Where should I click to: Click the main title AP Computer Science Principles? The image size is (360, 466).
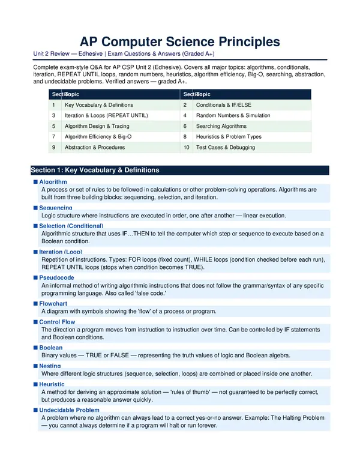pyautogui.click(x=180, y=41)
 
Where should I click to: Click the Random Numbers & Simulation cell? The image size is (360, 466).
pyautogui.click(x=233, y=115)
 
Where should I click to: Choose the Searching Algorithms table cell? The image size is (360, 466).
pyautogui.click(x=221, y=126)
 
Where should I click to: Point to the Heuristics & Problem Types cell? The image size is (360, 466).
pyautogui.click(x=229, y=136)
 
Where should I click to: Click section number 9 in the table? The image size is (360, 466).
pyautogui.click(x=54, y=147)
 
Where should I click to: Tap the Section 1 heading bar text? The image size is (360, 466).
pyautogui.click(x=95, y=170)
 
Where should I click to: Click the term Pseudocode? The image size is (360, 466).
pyautogui.click(x=56, y=277)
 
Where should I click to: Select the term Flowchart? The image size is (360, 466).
pyautogui.click(x=54, y=304)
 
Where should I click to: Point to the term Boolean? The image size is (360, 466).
pyautogui.click(x=51, y=348)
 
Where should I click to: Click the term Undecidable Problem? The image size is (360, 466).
pyautogui.click(x=69, y=410)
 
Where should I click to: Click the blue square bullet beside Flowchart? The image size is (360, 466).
pyautogui.click(x=35, y=304)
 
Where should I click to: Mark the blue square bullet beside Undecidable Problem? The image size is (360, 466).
pyautogui.click(x=35, y=410)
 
